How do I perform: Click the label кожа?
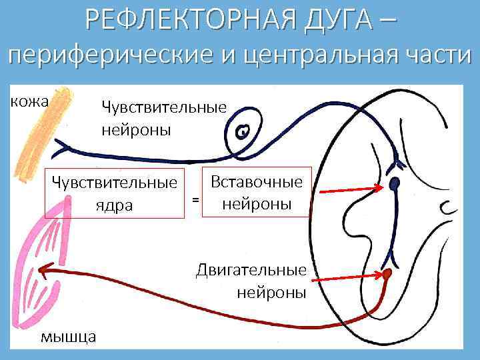click(x=28, y=101)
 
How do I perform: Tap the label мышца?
click(x=69, y=335)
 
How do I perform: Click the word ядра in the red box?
click(x=114, y=206)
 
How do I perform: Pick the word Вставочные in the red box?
click(x=256, y=181)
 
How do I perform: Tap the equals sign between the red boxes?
click(x=195, y=199)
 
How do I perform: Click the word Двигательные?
click(x=251, y=270)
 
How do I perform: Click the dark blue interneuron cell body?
click(x=395, y=183)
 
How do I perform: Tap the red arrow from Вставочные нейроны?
click(x=349, y=191)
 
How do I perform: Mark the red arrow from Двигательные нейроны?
click(x=346, y=275)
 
